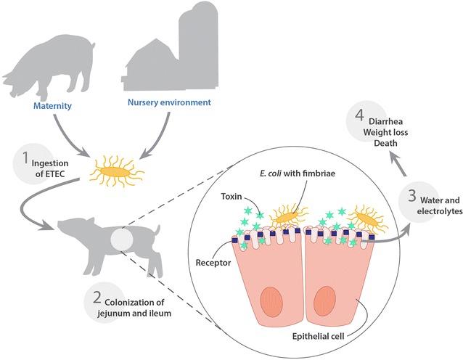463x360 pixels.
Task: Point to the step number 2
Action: [x=97, y=298]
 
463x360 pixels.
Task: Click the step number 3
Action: [x=411, y=195]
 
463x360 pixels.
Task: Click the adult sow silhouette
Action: [x=51, y=65]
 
